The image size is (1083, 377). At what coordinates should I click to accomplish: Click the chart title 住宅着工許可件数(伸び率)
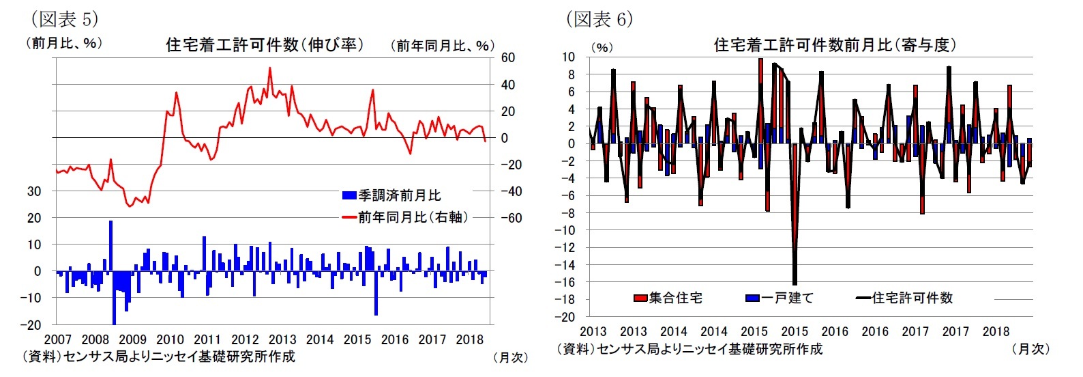pyautogui.click(x=265, y=45)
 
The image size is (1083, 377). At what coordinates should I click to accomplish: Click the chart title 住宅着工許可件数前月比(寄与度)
pyautogui.click(x=835, y=45)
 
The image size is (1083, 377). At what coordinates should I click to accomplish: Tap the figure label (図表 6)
pyautogui.click(x=599, y=18)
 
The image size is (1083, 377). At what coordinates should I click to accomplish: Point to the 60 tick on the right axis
pyautogui.click(x=508, y=58)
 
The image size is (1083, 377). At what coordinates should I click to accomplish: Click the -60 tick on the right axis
pyautogui.click(x=511, y=218)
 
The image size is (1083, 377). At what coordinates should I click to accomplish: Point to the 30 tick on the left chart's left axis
pyautogui.click(x=34, y=191)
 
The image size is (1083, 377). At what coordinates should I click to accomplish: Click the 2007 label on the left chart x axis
pyautogui.click(x=57, y=339)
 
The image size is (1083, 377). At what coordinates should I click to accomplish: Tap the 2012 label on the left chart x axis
pyautogui.click(x=245, y=339)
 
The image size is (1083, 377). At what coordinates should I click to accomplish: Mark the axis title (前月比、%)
pyautogui.click(x=64, y=44)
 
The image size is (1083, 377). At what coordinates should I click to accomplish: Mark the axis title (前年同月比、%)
pyautogui.click(x=442, y=46)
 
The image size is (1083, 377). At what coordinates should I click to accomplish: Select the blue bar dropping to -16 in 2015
pyautogui.click(x=376, y=293)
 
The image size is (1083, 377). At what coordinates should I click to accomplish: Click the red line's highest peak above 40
pyautogui.click(x=270, y=68)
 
